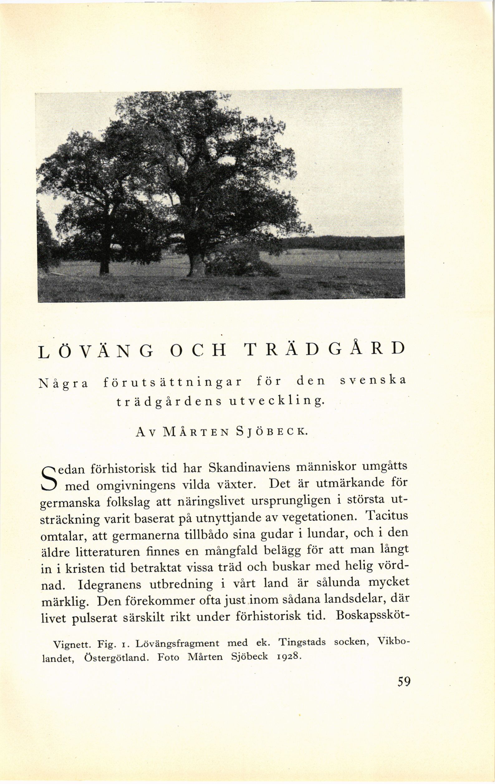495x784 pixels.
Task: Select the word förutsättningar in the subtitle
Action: [x=172, y=382]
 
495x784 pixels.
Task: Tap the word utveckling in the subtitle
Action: [x=276, y=401]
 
